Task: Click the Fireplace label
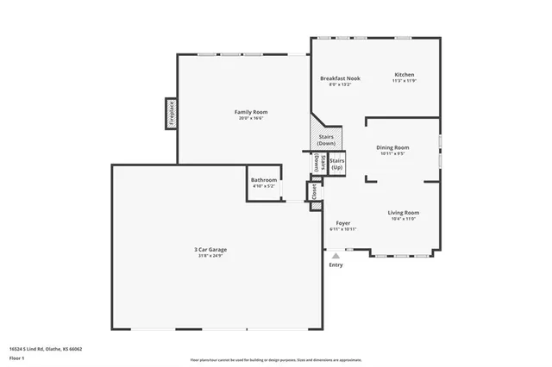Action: [171, 112]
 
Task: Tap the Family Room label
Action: [251, 112]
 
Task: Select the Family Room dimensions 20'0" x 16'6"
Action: [251, 119]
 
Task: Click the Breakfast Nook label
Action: [340, 78]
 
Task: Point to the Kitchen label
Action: [405, 75]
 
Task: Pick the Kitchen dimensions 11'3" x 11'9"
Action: [405, 82]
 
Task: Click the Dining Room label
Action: [392, 147]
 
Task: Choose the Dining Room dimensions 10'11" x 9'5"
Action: [392, 154]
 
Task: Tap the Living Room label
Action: [403, 212]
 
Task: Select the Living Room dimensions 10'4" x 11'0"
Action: [403, 219]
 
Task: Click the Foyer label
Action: [342, 223]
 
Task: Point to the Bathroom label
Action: [264, 180]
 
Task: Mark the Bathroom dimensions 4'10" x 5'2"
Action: [264, 186]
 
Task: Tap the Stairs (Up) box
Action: [337, 164]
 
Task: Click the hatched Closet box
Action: [315, 191]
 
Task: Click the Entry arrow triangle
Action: [336, 255]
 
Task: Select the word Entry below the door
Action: [336, 264]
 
